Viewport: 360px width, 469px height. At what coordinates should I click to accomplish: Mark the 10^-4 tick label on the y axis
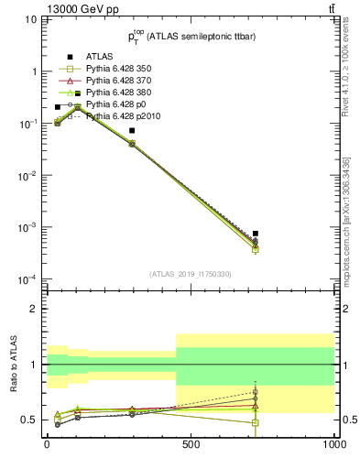coord(27,278)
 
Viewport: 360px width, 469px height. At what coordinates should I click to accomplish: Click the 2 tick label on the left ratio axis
coord(34,309)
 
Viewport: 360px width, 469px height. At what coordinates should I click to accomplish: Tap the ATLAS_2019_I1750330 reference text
coord(191,274)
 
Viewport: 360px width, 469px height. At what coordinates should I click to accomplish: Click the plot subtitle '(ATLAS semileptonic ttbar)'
coord(202,36)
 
